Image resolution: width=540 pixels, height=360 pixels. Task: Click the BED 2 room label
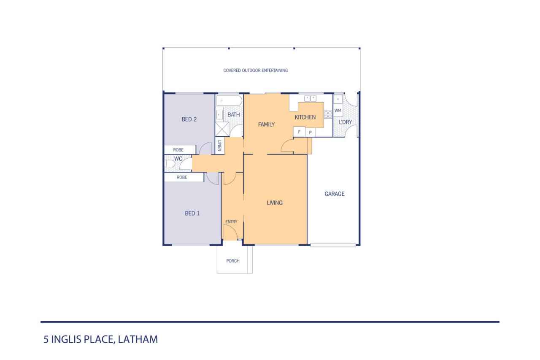click(x=189, y=119)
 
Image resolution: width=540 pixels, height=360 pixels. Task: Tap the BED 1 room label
click(x=192, y=213)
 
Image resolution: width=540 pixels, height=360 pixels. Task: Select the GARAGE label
click(x=335, y=194)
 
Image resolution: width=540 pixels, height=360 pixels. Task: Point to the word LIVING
click(x=275, y=203)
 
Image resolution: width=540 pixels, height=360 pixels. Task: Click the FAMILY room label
click(x=266, y=125)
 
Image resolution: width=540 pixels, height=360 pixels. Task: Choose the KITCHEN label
click(x=305, y=117)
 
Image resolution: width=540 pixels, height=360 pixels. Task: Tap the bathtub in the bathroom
click(x=229, y=100)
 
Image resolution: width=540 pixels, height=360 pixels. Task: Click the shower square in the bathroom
click(x=222, y=129)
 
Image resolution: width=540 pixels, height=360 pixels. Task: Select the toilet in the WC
click(x=170, y=164)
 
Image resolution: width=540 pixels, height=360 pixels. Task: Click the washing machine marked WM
click(x=338, y=111)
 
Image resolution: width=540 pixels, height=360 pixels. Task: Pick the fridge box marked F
click(x=299, y=132)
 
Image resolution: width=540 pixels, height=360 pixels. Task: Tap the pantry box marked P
click(x=310, y=133)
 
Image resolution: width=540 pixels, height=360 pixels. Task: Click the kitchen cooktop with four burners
click(x=328, y=114)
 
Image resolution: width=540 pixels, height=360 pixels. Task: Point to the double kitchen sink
click(x=310, y=98)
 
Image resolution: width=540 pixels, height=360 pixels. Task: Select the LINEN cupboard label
click(x=219, y=146)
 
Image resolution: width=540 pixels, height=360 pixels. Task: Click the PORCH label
click(x=233, y=261)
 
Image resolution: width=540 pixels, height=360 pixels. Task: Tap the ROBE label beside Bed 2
click(x=178, y=150)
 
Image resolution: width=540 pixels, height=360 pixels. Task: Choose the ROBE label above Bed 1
click(x=182, y=178)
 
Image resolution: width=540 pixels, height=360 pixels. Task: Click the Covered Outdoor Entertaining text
click(x=256, y=70)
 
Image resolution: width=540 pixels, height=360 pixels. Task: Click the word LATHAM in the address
click(x=138, y=339)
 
